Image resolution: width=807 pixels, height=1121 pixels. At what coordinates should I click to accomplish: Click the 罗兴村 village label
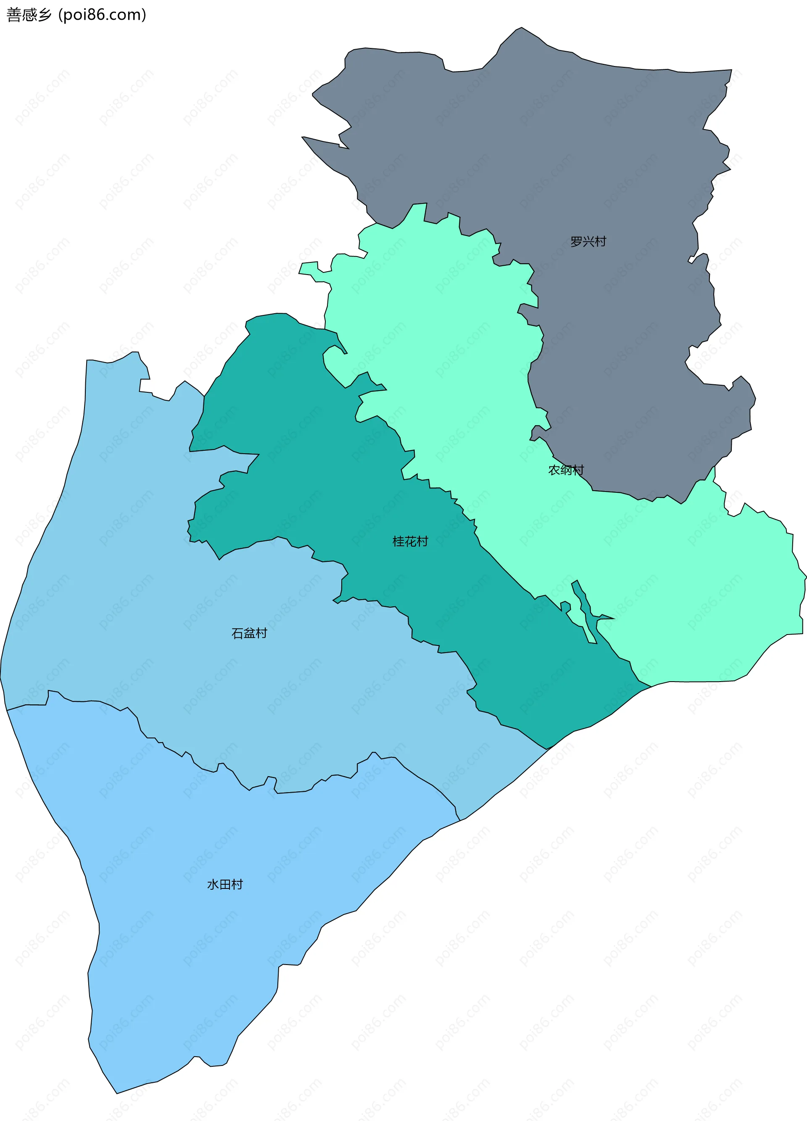pos(588,242)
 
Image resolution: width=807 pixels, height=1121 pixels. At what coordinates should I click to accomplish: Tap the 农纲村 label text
pos(566,470)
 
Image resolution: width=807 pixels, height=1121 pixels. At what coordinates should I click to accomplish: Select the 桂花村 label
pos(410,542)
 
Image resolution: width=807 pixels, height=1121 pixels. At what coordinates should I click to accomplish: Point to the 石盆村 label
pos(249,633)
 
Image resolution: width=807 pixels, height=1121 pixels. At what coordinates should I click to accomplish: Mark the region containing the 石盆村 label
pos(198,667)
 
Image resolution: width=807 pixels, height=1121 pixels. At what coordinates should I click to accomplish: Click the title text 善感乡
pos(29,15)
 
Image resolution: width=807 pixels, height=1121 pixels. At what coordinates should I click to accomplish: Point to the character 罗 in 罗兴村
pos(576,242)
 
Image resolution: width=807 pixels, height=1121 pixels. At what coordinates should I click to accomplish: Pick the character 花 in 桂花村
pos(410,542)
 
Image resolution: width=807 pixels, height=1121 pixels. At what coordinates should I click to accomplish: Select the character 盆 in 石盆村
pos(249,633)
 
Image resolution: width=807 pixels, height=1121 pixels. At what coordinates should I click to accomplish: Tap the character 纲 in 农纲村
pos(566,470)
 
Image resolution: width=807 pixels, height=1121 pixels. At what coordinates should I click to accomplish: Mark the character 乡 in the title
pos(45,15)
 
